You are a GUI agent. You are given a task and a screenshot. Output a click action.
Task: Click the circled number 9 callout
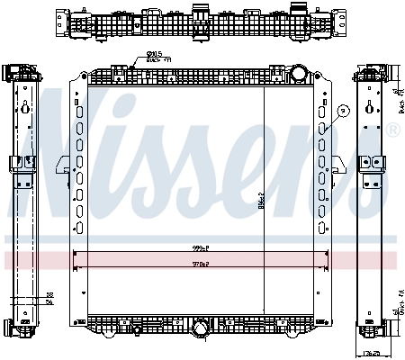pyautogui.click(x=342, y=111)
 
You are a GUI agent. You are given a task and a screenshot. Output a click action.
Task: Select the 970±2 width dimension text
pyautogui.click(x=200, y=265)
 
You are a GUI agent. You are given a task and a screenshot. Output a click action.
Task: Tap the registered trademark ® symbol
pyautogui.click(x=392, y=131)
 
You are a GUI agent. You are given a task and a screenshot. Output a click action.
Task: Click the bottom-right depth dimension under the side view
pyautogui.click(x=372, y=352)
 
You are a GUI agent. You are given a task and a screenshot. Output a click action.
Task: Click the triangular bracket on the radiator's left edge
pyautogui.click(x=61, y=164)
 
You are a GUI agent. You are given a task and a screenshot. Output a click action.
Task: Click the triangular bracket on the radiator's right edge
pyautogui.click(x=339, y=164)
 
